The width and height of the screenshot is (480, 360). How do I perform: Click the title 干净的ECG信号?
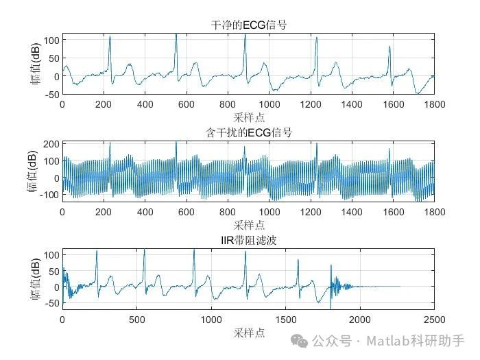tap(248, 25)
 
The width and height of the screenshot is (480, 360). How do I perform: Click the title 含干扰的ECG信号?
tap(248, 132)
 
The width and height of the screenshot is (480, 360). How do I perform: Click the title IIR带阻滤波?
tap(248, 240)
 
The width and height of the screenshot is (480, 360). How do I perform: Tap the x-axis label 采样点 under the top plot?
tap(248, 117)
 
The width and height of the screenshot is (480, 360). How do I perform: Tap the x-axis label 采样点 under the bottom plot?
tap(248, 333)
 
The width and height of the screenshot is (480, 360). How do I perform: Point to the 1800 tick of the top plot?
tap(434, 105)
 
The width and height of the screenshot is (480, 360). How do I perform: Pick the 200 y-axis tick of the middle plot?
tap(51, 145)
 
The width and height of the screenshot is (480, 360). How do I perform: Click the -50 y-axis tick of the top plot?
tap(49, 95)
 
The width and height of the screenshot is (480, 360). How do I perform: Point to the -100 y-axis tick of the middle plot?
tap(48, 195)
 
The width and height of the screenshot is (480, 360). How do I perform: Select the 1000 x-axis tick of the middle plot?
tap(269, 212)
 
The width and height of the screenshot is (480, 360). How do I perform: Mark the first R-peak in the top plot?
tap(110, 38)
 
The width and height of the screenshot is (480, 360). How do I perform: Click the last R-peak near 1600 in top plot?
tap(389, 48)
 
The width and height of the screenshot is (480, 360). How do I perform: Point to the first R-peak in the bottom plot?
tap(97, 252)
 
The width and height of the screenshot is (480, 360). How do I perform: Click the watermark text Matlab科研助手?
tap(416, 341)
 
